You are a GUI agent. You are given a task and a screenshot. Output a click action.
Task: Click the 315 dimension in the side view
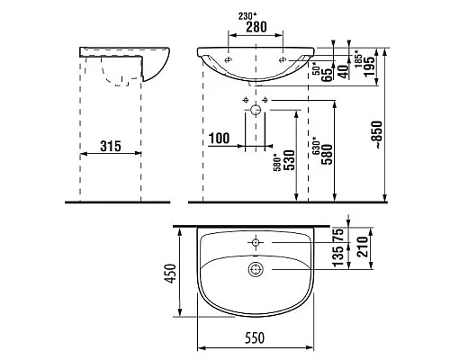coord(110,145)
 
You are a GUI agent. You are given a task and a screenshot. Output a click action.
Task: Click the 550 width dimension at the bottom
coord(257,344)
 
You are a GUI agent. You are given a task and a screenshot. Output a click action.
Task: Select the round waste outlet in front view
coord(257,112)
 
